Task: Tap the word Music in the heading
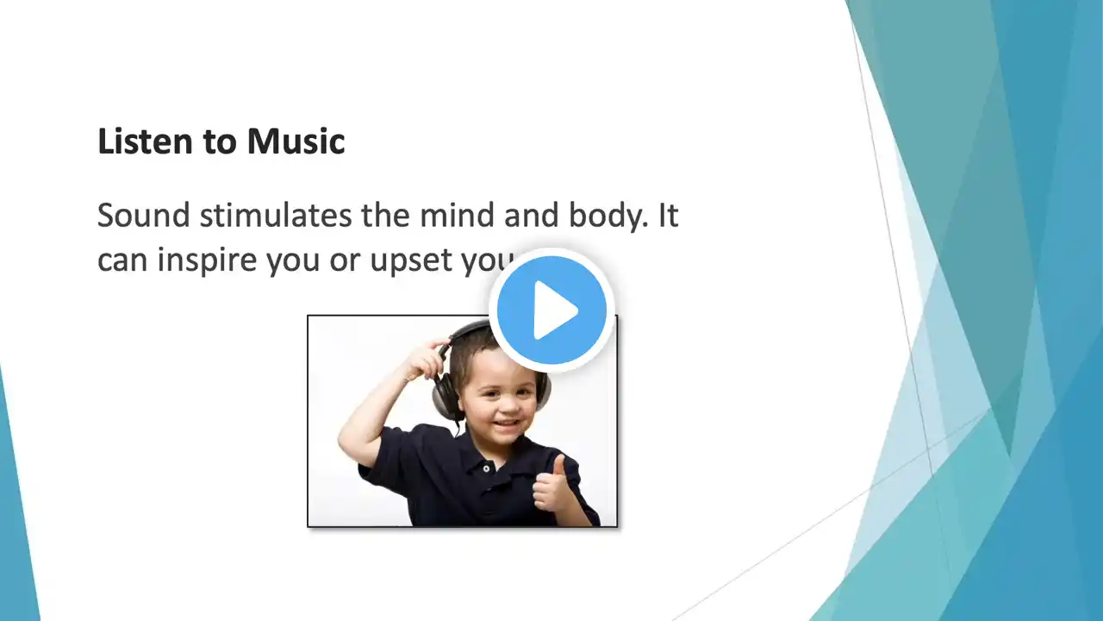(296, 141)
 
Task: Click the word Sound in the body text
(144, 216)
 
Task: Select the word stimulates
(276, 216)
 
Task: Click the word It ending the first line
(668, 216)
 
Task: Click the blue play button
(551, 310)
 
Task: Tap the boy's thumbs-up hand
(552, 484)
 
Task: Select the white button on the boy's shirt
(486, 468)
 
